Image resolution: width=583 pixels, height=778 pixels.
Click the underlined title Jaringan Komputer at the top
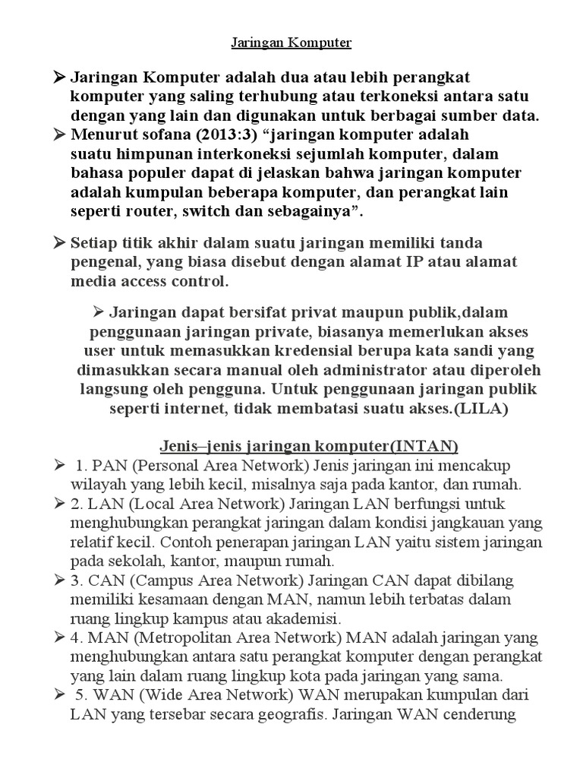tap(291, 43)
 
